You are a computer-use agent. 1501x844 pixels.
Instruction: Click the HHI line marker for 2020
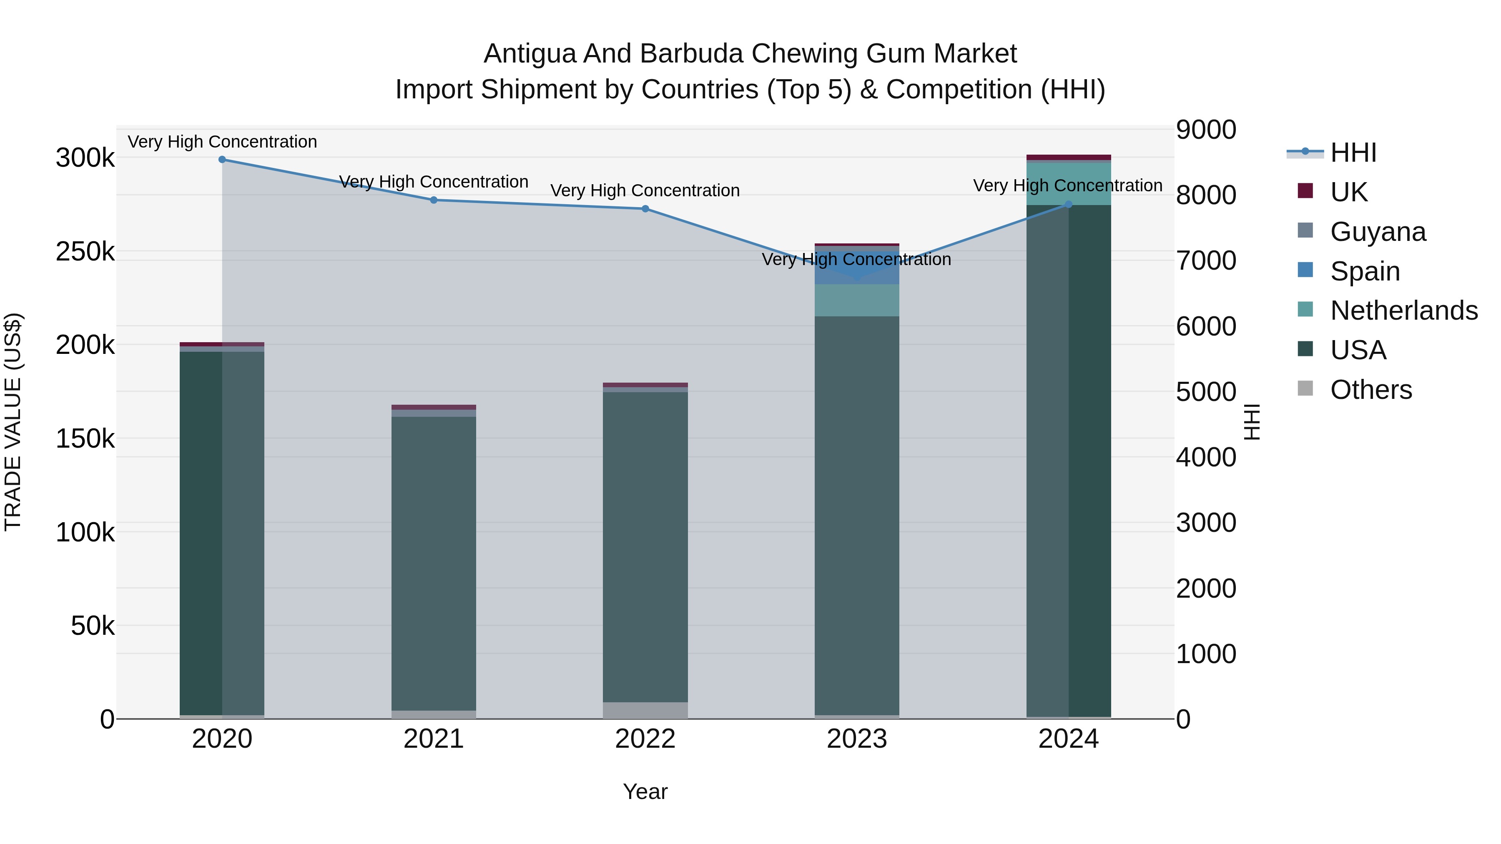pos(222,160)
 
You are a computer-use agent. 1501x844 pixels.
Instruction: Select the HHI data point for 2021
pos(434,200)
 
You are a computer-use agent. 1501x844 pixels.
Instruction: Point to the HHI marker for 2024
pos(1068,205)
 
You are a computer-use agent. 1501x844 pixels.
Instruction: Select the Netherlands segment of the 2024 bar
pos(1068,183)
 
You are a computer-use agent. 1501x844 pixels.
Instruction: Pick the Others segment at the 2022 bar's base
pos(645,710)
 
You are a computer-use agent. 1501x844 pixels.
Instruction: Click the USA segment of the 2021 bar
pos(434,562)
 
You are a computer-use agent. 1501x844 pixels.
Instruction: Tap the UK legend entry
pos(1348,192)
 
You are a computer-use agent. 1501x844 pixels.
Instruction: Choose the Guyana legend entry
pos(1378,232)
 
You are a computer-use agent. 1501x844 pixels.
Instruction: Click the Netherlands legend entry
pos(1403,311)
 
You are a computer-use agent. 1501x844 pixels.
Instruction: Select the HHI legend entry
pos(1353,153)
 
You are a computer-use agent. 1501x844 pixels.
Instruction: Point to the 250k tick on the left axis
pos(85,252)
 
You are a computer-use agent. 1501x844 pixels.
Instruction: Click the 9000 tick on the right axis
pos(1205,130)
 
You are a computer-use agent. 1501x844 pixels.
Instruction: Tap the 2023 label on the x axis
pos(856,739)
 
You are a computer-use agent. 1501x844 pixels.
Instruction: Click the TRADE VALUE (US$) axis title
pos(13,422)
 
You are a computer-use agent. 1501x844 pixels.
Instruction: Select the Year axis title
pos(645,791)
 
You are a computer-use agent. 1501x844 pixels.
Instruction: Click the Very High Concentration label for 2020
pos(222,142)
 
